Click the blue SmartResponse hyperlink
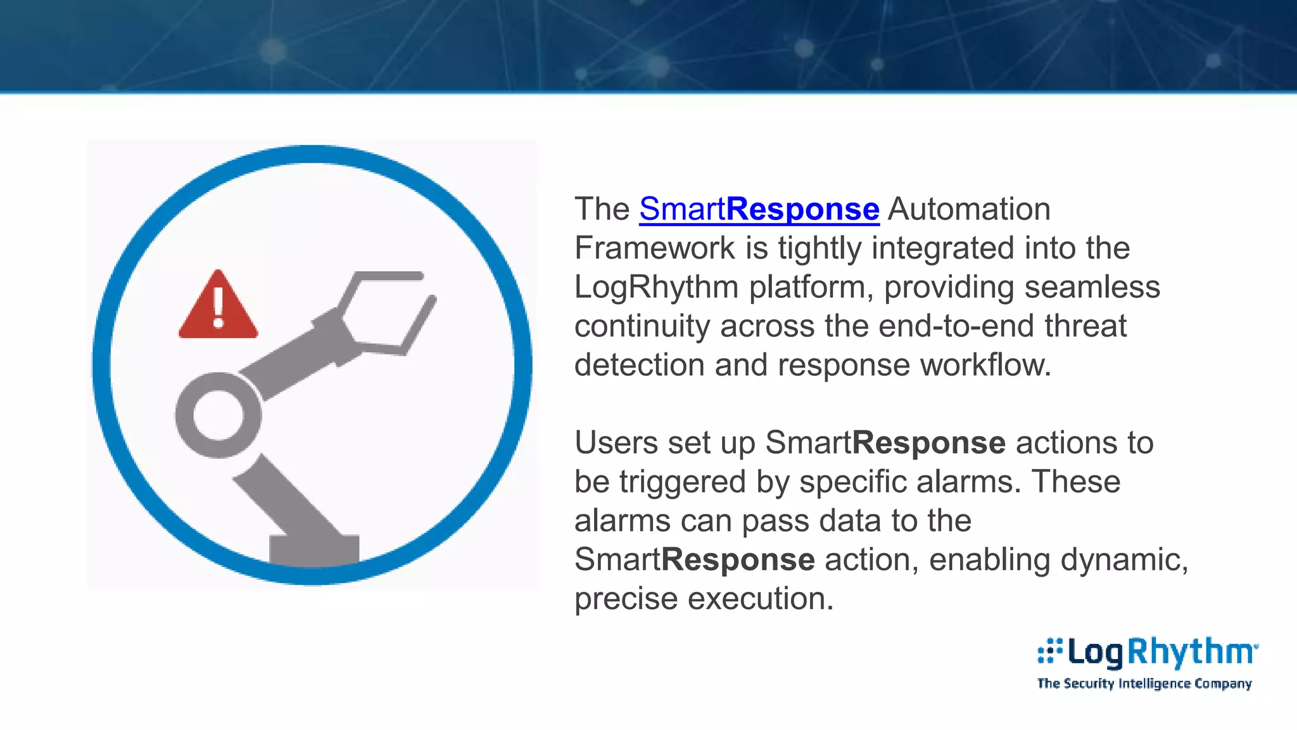click(759, 209)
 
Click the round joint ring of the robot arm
click(218, 415)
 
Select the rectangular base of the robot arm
click(314, 549)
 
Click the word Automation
click(969, 209)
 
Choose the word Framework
click(654, 248)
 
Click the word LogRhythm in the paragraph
click(656, 287)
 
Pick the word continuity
click(642, 326)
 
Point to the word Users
click(616, 442)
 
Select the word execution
click(761, 599)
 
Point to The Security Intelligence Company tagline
click(1144, 684)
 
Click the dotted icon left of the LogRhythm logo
click(1049, 651)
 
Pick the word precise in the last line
click(626, 599)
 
